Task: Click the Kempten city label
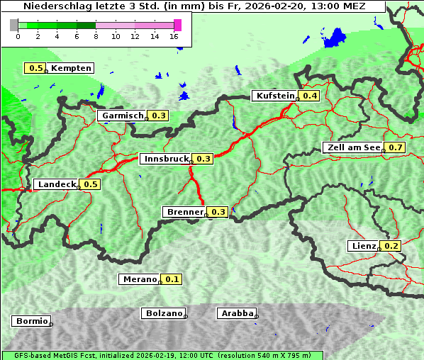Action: pos(71,68)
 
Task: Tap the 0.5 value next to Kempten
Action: pos(35,68)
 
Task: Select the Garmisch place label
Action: pos(122,116)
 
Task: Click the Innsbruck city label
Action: pos(166,159)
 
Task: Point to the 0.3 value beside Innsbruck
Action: pos(203,159)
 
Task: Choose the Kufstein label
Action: pos(274,96)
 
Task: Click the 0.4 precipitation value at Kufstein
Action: pos(309,96)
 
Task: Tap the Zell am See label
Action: pos(352,147)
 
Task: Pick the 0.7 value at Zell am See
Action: pos(395,147)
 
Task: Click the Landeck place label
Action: pos(56,184)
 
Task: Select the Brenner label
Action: pos(184,212)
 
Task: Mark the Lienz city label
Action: pos(363,246)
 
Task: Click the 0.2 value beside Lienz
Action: pos(391,246)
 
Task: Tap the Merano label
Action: pos(138,279)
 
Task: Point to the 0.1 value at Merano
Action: pos(172,279)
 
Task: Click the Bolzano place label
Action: pos(163,313)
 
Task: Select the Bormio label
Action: pos(30,321)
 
